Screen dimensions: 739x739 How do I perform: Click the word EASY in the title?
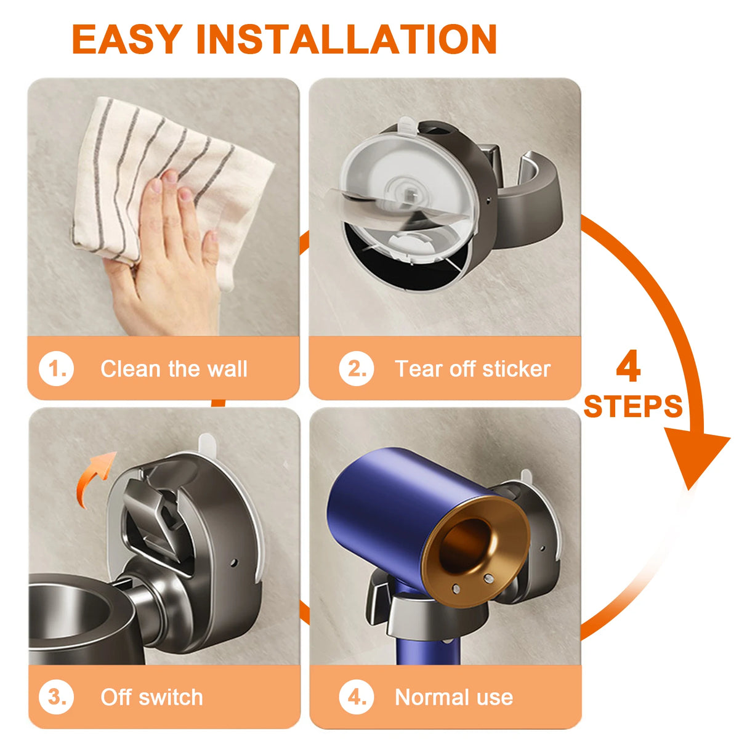[x=127, y=39]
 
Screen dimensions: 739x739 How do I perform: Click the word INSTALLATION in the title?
[x=347, y=39]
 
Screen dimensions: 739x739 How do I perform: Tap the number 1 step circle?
[x=57, y=368]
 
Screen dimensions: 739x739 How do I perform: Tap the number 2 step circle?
[x=357, y=368]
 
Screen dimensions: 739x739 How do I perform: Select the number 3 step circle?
[x=57, y=697]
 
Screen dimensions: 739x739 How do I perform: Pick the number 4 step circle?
[x=357, y=697]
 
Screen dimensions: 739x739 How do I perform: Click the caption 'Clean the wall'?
[x=174, y=369]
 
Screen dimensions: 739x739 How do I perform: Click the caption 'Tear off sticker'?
[x=472, y=369]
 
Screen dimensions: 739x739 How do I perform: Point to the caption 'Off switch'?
[x=151, y=697]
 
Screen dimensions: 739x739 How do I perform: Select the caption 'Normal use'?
[x=454, y=697]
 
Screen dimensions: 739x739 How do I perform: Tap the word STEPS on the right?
[x=633, y=406]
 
